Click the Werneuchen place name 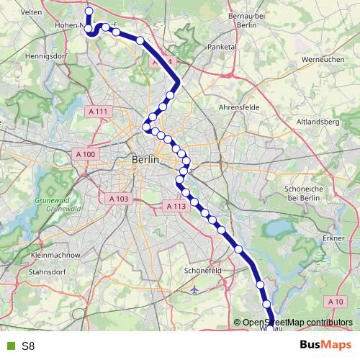point(323,59)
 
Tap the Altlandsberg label point(318,122)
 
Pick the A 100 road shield point(86,154)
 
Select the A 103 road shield point(119,198)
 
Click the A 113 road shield point(176,206)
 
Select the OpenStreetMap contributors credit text point(297,323)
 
